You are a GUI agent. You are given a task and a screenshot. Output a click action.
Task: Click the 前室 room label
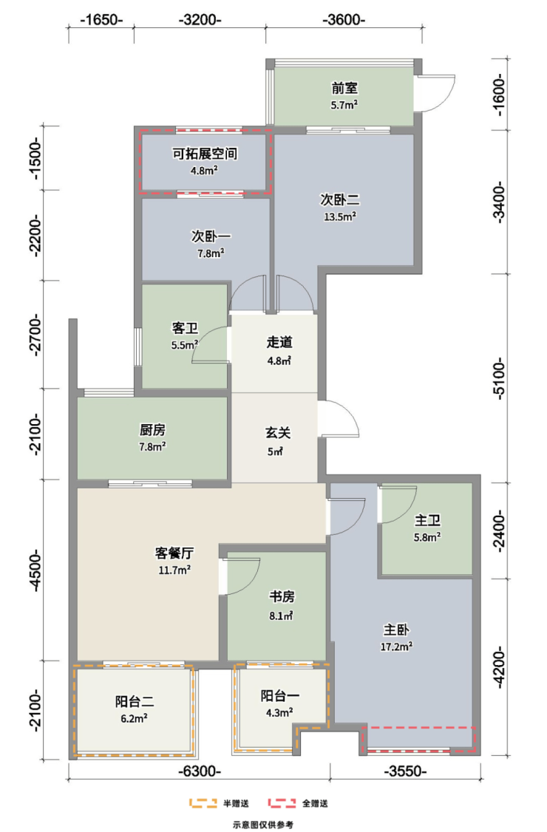pyautogui.click(x=344, y=87)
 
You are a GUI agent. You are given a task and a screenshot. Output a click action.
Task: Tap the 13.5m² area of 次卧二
pyautogui.click(x=340, y=216)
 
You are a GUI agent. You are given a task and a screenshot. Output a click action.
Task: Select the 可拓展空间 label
pyautogui.click(x=205, y=154)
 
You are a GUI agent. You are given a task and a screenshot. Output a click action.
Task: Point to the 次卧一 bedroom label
pyautogui.click(x=211, y=236)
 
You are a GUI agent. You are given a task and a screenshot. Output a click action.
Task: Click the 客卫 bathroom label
pyautogui.click(x=185, y=328)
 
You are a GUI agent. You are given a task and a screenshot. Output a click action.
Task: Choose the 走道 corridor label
pyautogui.click(x=279, y=342)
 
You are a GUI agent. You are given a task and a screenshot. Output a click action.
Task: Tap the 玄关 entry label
pyautogui.click(x=278, y=433)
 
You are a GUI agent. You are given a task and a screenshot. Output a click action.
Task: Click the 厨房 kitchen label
pyautogui.click(x=152, y=429)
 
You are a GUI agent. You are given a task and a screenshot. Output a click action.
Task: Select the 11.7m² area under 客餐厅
pyautogui.click(x=174, y=570)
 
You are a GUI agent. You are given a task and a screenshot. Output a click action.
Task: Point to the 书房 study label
pyautogui.click(x=282, y=597)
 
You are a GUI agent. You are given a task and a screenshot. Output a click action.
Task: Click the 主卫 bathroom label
pyautogui.click(x=427, y=520)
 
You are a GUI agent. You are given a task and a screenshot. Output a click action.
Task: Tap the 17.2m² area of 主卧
pyautogui.click(x=397, y=647)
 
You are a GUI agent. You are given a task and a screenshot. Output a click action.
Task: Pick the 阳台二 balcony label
pyautogui.click(x=135, y=701)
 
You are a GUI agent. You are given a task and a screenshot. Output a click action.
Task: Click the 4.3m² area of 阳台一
pyautogui.click(x=280, y=712)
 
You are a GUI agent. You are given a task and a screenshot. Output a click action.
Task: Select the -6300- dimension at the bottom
pyautogui.click(x=199, y=771)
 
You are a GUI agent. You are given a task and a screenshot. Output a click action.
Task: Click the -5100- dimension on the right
pyautogui.click(x=499, y=378)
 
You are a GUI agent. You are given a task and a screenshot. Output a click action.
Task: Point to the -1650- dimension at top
pyautogui.click(x=101, y=20)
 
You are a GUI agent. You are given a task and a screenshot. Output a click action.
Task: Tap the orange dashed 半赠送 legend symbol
pyautogui.click(x=203, y=803)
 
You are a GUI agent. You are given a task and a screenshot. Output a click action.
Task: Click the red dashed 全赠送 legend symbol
pyautogui.click(x=282, y=803)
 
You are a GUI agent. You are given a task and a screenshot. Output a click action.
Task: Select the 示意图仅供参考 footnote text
pyautogui.click(x=263, y=825)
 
